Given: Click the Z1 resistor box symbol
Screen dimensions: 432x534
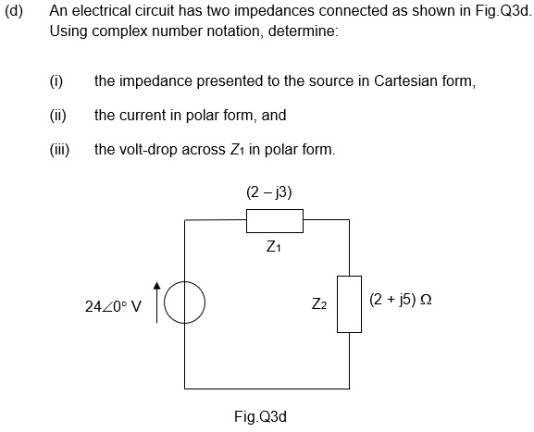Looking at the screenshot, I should [x=275, y=221].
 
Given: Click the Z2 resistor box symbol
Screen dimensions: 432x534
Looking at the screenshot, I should [x=349, y=303].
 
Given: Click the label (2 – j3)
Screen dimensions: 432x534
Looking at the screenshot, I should [x=270, y=192].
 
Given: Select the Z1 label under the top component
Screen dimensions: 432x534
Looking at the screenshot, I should [x=273, y=247].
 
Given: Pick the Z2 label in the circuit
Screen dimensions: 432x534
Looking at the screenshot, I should [x=318, y=303].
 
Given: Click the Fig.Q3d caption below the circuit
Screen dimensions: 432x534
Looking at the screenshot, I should [x=261, y=415].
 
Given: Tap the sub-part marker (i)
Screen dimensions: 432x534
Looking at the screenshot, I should [x=56, y=81].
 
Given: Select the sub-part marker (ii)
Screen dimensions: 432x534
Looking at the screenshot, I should [x=57, y=116].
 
